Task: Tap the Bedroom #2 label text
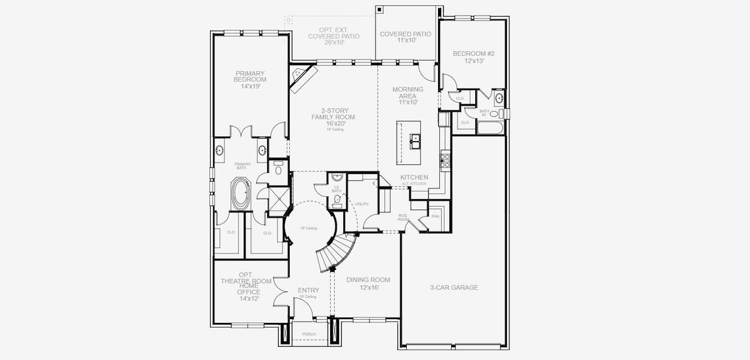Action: [x=469, y=57]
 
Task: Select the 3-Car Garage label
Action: [x=454, y=287]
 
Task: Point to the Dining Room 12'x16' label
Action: [x=368, y=284]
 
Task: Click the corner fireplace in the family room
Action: [x=303, y=78]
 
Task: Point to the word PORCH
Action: [x=309, y=334]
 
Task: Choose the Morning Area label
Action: [x=407, y=95]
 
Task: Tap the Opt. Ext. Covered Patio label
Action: [x=334, y=36]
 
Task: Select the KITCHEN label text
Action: [x=414, y=178]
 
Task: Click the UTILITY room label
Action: [x=361, y=204]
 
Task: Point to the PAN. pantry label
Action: [x=435, y=215]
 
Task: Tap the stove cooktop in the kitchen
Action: [x=445, y=158]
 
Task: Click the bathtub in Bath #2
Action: [x=491, y=127]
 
